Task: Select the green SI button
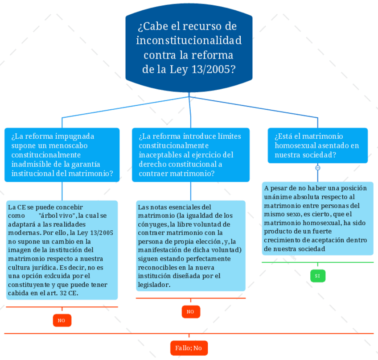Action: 317,276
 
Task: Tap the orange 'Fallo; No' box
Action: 189,348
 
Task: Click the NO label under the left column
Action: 62,320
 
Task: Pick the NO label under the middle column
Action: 190,311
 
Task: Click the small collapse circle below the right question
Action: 318,168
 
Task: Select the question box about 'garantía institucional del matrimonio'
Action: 62,155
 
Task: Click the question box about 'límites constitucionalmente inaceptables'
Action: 190,155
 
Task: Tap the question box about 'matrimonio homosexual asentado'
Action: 317,145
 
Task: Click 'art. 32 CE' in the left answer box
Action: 65,293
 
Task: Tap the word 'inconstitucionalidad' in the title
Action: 189,41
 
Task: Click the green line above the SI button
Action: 317,262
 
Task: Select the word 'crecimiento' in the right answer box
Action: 282,240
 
